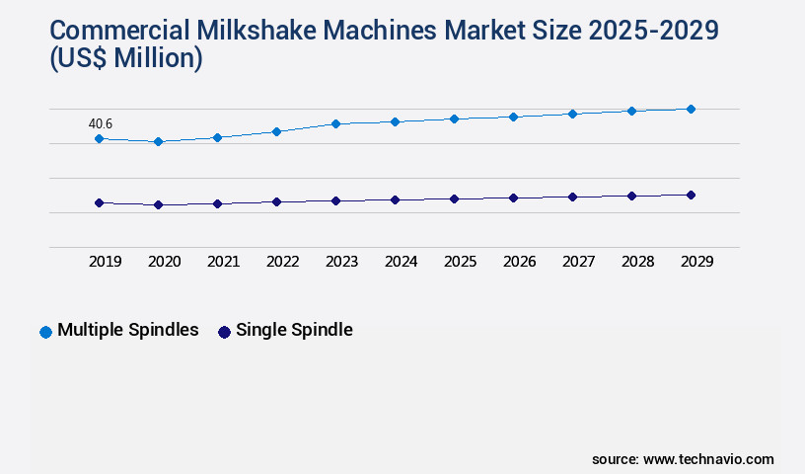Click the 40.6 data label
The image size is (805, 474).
click(x=101, y=124)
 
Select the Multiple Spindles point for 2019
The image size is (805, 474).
click(x=99, y=139)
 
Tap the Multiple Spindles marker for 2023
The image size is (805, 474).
click(x=335, y=123)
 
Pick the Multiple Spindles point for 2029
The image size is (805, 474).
click(x=691, y=109)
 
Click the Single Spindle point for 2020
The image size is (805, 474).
click(x=158, y=204)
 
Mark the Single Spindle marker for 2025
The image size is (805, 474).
click(x=454, y=198)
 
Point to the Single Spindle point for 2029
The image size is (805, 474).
click(x=691, y=195)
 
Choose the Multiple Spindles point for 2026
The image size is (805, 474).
click(x=513, y=117)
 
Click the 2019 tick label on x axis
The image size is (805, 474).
click(x=106, y=262)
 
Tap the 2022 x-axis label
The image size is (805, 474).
click(x=283, y=262)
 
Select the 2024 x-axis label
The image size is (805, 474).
click(x=402, y=262)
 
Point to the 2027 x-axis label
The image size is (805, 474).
click(x=579, y=262)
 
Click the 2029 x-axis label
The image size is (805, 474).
click(x=696, y=262)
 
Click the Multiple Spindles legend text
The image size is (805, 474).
click(x=128, y=330)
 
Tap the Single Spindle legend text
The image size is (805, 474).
click(x=294, y=330)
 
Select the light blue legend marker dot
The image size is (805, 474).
click(x=45, y=332)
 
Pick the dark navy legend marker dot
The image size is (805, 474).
click(x=224, y=332)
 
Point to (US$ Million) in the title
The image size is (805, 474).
click(x=124, y=59)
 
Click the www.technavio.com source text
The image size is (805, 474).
click(x=708, y=459)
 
